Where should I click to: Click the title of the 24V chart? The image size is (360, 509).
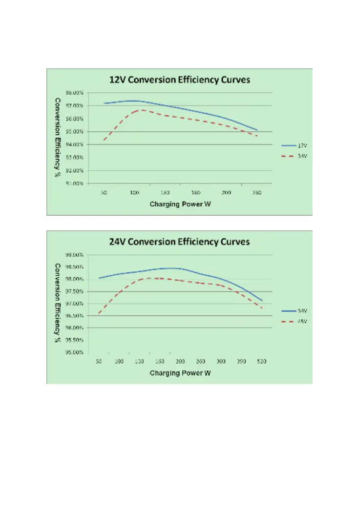179,242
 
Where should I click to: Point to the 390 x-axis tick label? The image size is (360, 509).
242,362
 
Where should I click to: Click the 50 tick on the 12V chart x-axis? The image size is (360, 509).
104,193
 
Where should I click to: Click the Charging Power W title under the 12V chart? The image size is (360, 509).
179,204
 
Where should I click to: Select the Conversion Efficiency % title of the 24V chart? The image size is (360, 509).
58,299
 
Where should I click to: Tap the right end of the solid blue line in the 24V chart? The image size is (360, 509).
262,301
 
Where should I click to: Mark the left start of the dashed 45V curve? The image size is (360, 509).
99,313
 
